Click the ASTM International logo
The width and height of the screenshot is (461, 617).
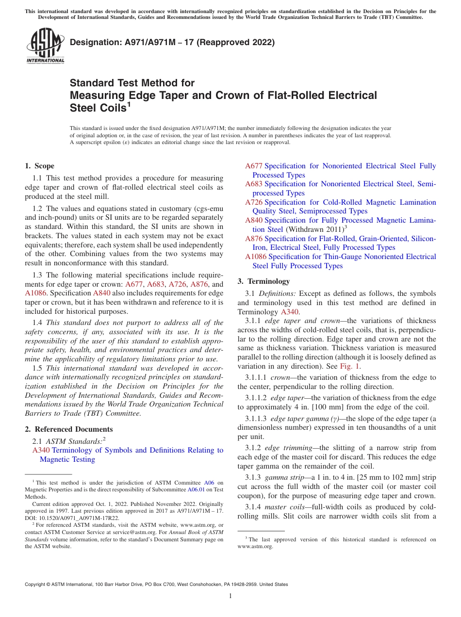coord(45,47)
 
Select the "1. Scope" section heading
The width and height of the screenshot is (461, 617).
coord(40,166)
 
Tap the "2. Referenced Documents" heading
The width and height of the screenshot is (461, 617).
coord(69,429)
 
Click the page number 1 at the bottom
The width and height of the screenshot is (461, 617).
coord(230,596)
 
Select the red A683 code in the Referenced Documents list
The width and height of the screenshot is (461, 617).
coord(254,184)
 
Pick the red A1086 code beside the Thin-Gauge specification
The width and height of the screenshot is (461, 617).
coord(256,257)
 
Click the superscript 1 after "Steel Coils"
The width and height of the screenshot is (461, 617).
coord(129,104)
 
